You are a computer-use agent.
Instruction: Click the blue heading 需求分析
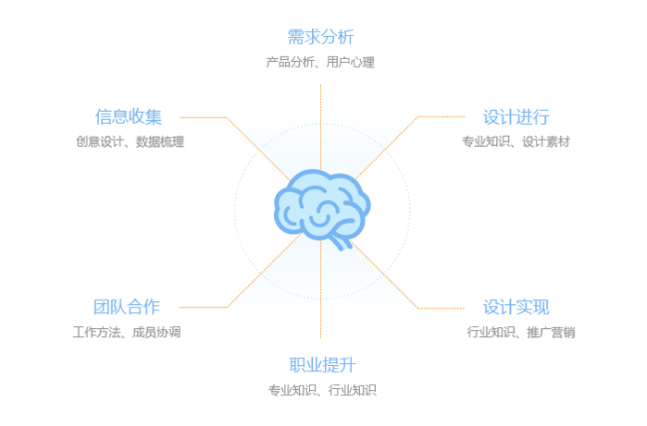(320, 37)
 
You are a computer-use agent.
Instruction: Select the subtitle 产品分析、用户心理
(320, 62)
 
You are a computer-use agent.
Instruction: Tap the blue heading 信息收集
(129, 116)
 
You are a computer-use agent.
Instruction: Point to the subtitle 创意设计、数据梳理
(130, 141)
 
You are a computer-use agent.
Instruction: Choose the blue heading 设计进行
(516, 117)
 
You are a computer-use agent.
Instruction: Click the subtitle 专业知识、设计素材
(516, 141)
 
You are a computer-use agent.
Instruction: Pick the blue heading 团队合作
(127, 307)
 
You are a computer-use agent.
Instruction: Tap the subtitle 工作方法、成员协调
(127, 332)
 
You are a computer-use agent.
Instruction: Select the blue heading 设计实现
(516, 308)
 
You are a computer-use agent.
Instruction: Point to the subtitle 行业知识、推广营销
(521, 332)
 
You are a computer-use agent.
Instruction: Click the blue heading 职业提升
(322, 365)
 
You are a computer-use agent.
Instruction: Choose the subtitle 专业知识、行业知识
(322, 390)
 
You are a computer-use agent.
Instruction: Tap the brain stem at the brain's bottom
(341, 242)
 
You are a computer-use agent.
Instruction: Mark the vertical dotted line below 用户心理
(320, 127)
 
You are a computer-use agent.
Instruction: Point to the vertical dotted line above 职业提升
(320, 289)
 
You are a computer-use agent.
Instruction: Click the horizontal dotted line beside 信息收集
(204, 117)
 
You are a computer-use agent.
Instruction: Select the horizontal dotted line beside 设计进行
(442, 116)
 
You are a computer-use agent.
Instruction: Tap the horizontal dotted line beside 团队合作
(204, 307)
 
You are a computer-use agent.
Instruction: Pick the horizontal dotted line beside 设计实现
(442, 308)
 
